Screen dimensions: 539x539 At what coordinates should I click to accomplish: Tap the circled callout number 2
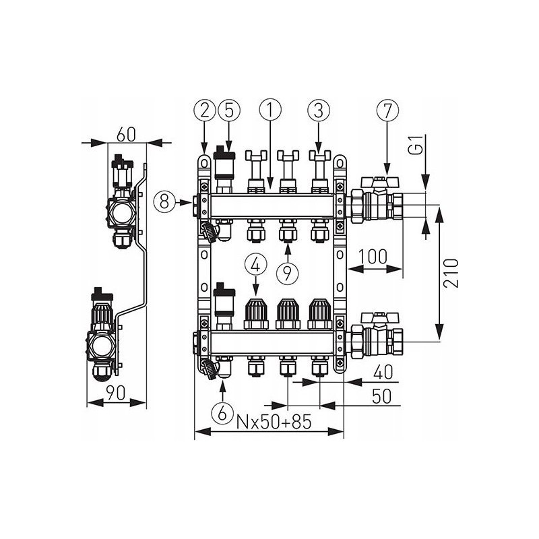click(x=205, y=110)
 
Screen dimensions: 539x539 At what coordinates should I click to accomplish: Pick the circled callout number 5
click(x=229, y=110)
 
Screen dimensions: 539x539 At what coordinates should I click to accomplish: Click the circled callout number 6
click(x=222, y=413)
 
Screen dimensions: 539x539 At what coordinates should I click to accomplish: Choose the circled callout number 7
click(x=387, y=110)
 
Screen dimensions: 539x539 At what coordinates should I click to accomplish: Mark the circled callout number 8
click(x=164, y=201)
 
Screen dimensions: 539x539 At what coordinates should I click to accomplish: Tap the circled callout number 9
click(x=288, y=274)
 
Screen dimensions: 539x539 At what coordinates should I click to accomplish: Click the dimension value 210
click(x=451, y=274)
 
